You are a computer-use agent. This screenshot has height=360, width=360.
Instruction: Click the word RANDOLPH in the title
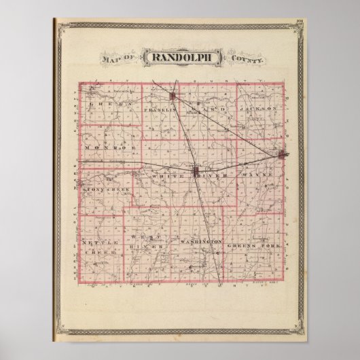(179, 58)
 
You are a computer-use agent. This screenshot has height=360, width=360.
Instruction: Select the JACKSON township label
(258, 108)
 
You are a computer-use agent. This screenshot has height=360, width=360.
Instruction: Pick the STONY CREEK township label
(105, 190)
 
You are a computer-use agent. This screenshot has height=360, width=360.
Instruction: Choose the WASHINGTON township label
(202, 242)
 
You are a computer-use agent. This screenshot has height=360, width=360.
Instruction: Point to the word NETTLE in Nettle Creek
(95, 242)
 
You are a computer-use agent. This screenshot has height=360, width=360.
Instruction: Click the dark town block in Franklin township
(174, 96)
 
